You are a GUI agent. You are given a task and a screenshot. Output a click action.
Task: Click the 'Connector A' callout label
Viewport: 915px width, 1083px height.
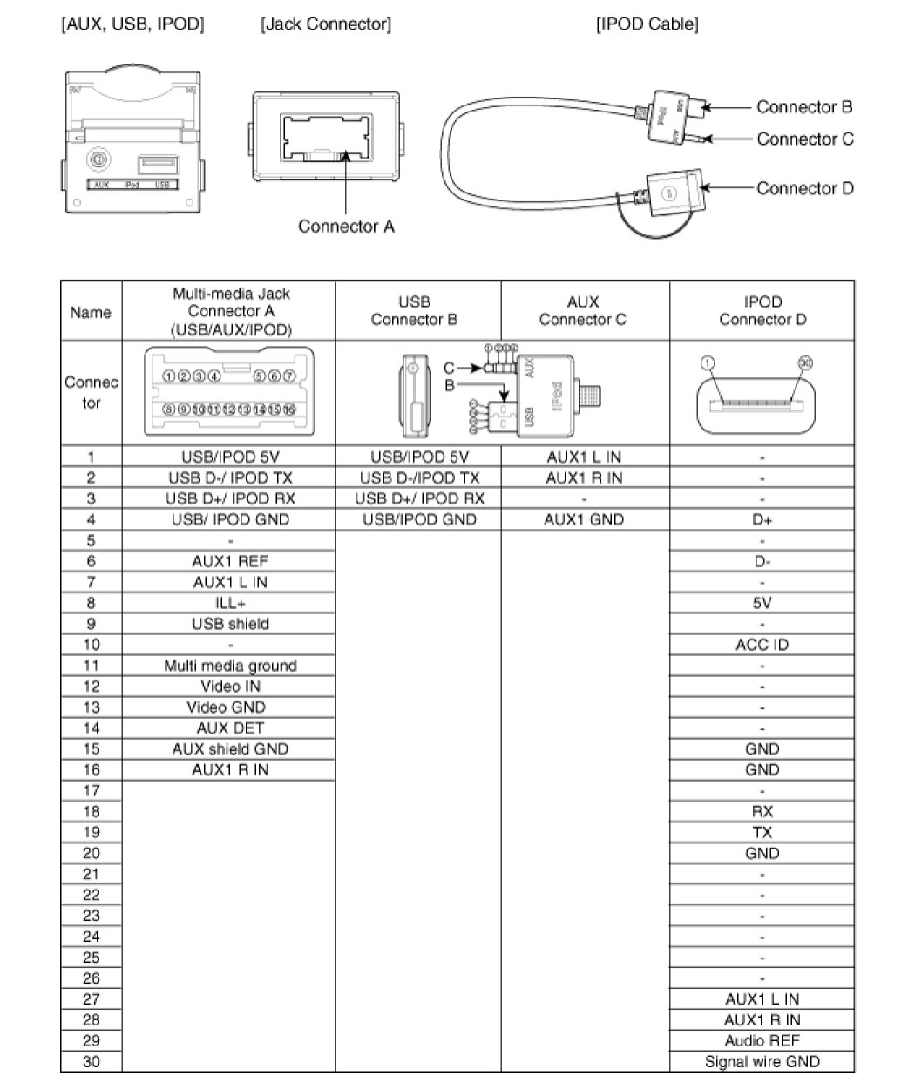click(346, 227)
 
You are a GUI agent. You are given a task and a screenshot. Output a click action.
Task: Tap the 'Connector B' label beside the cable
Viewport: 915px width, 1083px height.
click(803, 107)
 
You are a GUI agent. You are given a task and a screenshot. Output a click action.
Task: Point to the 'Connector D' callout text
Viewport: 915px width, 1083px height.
click(804, 188)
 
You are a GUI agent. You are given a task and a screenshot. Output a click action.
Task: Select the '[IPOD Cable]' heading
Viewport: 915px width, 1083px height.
click(647, 24)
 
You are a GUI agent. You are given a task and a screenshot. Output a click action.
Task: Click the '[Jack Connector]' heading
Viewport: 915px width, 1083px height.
click(326, 24)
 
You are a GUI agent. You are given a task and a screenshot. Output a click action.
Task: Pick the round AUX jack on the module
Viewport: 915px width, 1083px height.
click(100, 160)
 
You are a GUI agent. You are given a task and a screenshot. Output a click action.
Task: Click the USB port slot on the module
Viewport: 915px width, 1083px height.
click(159, 162)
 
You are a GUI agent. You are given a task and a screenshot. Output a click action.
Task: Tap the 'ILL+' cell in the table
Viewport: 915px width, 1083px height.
click(230, 603)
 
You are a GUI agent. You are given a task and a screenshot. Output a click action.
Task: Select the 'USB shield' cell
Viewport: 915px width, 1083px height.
click(230, 624)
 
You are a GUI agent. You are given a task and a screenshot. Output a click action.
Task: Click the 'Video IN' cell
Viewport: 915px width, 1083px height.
click(230, 687)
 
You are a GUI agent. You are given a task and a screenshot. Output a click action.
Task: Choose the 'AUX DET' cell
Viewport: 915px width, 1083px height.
click(230, 728)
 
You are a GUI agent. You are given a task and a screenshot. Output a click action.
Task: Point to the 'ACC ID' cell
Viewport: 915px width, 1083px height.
click(762, 645)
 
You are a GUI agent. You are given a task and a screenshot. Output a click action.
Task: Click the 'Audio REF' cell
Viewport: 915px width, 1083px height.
click(762, 1041)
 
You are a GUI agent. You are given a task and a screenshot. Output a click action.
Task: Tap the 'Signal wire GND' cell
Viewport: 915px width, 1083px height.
click(762, 1062)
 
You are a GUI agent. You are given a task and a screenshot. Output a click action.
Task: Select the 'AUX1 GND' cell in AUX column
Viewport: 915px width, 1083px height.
click(584, 519)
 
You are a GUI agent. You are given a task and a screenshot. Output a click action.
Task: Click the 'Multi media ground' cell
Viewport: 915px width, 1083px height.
click(230, 666)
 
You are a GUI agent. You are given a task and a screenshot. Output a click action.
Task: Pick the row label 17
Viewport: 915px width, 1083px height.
click(91, 791)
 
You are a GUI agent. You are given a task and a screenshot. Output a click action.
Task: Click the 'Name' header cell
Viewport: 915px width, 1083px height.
click(91, 312)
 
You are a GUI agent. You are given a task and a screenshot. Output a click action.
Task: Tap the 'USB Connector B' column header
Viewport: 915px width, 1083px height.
click(415, 311)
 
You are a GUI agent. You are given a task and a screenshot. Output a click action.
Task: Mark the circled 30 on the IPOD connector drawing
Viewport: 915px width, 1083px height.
click(803, 362)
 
